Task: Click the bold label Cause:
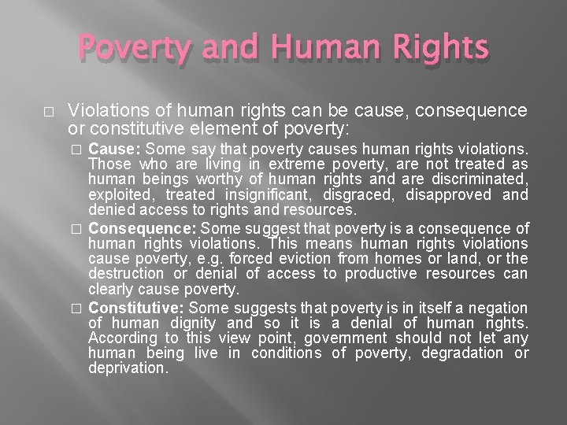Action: click(115, 150)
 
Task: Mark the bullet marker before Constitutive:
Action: click(77, 309)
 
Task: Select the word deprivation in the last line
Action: click(128, 368)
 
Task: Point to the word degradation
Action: click(465, 353)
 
